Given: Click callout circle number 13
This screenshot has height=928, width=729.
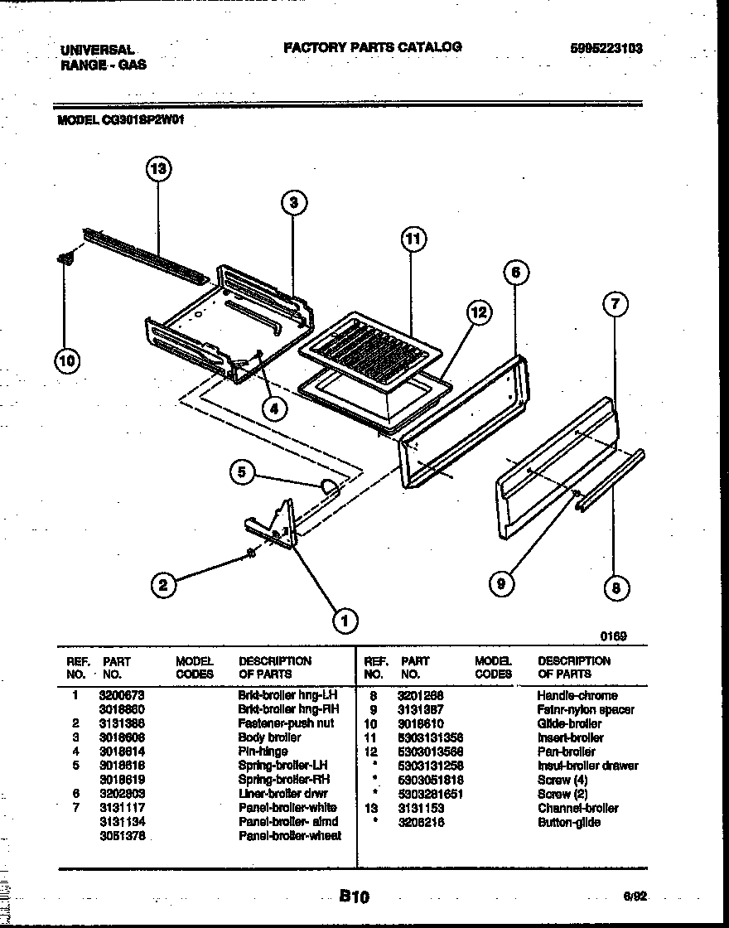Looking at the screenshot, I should pos(157,170).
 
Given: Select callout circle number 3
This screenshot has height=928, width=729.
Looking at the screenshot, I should pos(293,202).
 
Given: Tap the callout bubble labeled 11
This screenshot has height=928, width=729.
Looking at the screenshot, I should pos(412,239).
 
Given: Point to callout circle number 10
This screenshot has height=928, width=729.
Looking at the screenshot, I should pos(67,360).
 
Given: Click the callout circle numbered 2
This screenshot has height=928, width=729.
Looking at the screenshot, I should pos(163,585).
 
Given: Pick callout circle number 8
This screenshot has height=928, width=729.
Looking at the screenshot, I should pos(615,588).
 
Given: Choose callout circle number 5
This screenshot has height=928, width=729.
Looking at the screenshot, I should pos(241,472).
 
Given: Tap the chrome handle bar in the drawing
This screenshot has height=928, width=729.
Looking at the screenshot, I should pos(611,480).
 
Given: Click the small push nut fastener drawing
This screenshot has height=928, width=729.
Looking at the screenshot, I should pos(251,553).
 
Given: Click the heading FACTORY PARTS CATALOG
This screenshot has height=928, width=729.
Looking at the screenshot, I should pos(373,47).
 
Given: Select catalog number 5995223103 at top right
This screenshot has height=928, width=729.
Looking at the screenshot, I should pos(606,49).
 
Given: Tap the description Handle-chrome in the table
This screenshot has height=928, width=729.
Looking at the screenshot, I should pos(577,695).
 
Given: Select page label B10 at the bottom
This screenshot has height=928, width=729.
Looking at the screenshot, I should pos(354,896).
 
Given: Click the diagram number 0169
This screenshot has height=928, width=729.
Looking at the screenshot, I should pos(614,636).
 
